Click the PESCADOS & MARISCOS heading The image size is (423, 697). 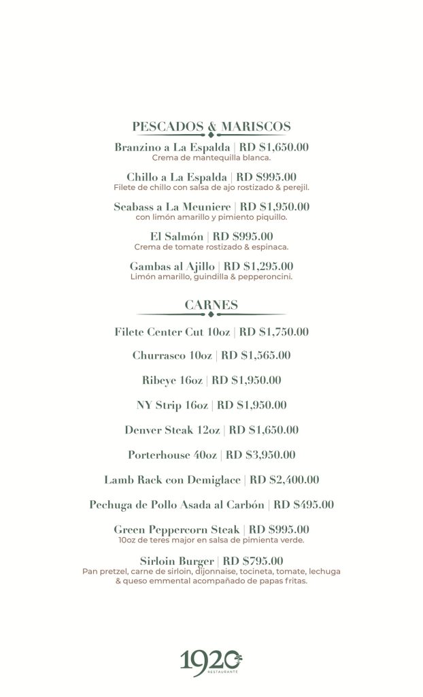(211, 127)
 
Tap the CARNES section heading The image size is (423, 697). (211, 305)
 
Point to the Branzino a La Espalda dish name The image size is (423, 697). (172, 148)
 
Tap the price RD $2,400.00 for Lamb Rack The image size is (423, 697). (285, 480)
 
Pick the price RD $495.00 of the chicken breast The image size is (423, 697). (303, 505)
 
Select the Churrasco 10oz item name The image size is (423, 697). (173, 355)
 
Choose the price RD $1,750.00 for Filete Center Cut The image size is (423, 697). (274, 331)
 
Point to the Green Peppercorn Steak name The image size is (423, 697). (177, 530)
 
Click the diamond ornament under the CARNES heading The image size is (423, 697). (211, 315)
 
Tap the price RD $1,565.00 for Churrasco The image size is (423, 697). (256, 355)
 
